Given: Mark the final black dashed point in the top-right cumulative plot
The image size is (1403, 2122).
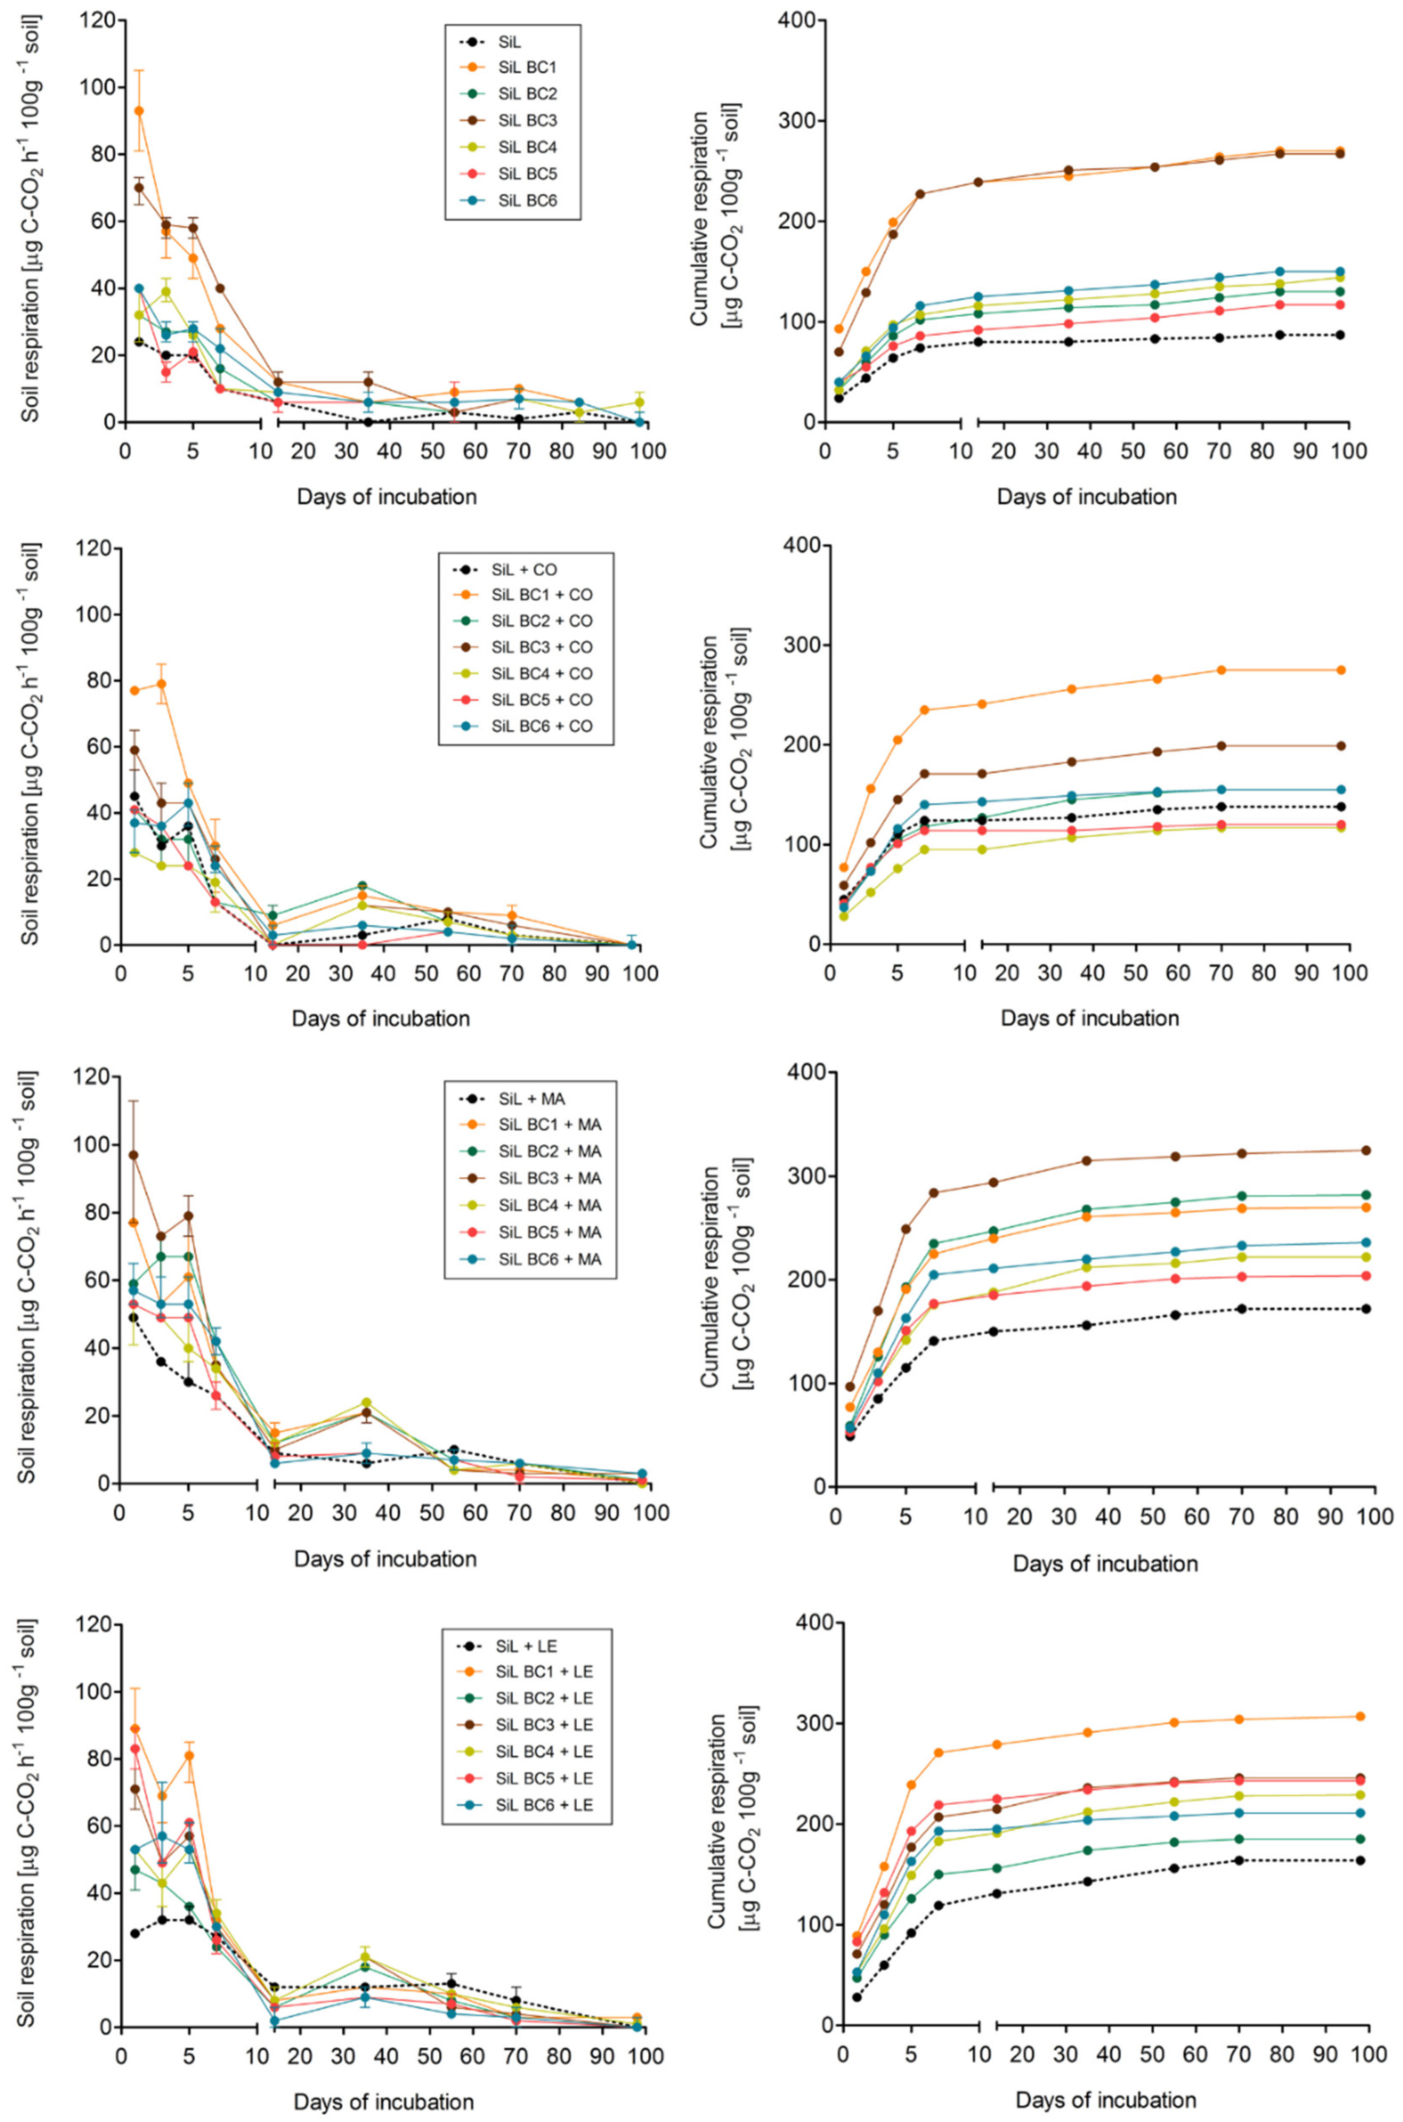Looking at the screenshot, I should [1340, 335].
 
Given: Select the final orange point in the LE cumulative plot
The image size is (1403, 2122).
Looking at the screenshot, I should [1360, 1716].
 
